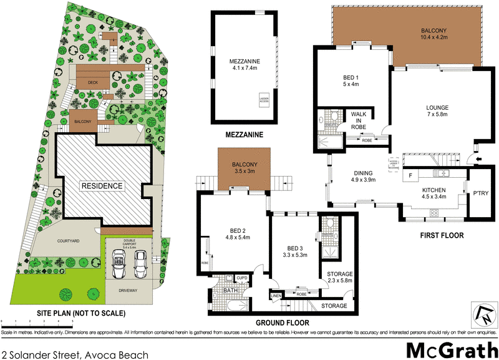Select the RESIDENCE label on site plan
click(100, 186)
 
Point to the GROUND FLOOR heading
click(283, 323)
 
